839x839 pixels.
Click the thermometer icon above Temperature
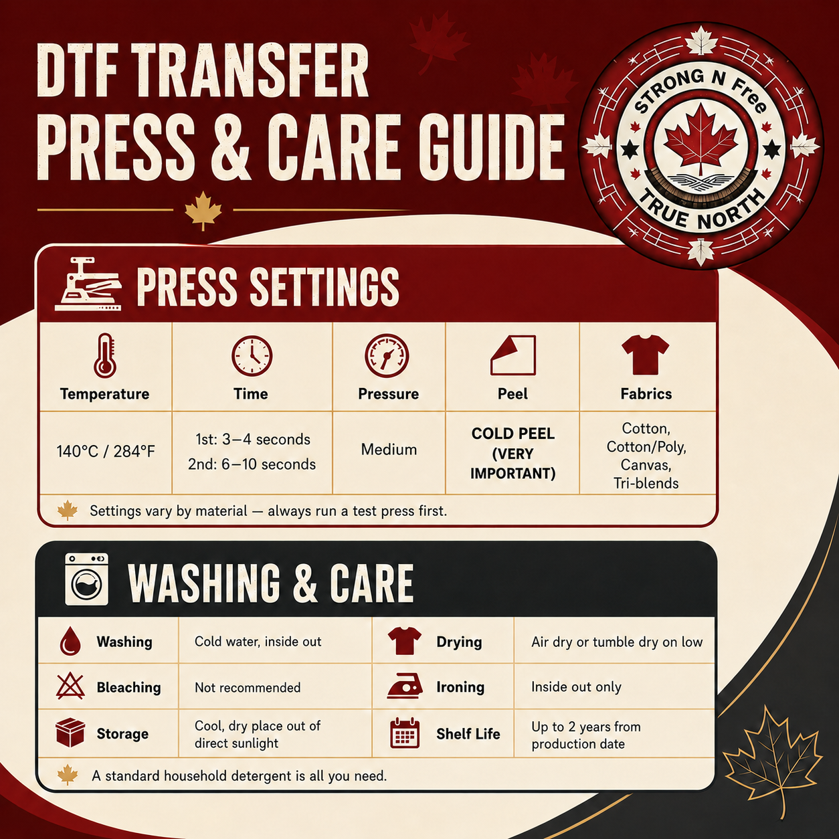[x=105, y=355]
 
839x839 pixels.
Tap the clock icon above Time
[x=252, y=356]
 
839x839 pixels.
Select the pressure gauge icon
[x=387, y=356]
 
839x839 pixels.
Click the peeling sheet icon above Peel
[x=513, y=355]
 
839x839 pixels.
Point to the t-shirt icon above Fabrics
[x=645, y=355]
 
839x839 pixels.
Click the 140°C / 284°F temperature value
[x=106, y=452]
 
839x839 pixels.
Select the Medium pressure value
[x=389, y=450]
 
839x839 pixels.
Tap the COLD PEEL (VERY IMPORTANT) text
[x=513, y=453]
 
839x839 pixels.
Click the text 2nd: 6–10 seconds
[x=252, y=464]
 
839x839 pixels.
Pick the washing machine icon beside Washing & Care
[x=86, y=579]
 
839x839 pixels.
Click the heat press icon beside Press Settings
[x=88, y=284]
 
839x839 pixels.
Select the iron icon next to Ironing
[x=405, y=686]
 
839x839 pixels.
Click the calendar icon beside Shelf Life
[x=405, y=733]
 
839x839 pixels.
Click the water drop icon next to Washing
[x=70, y=642]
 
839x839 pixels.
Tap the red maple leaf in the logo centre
[x=701, y=138]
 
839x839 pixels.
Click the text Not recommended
[x=248, y=688]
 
